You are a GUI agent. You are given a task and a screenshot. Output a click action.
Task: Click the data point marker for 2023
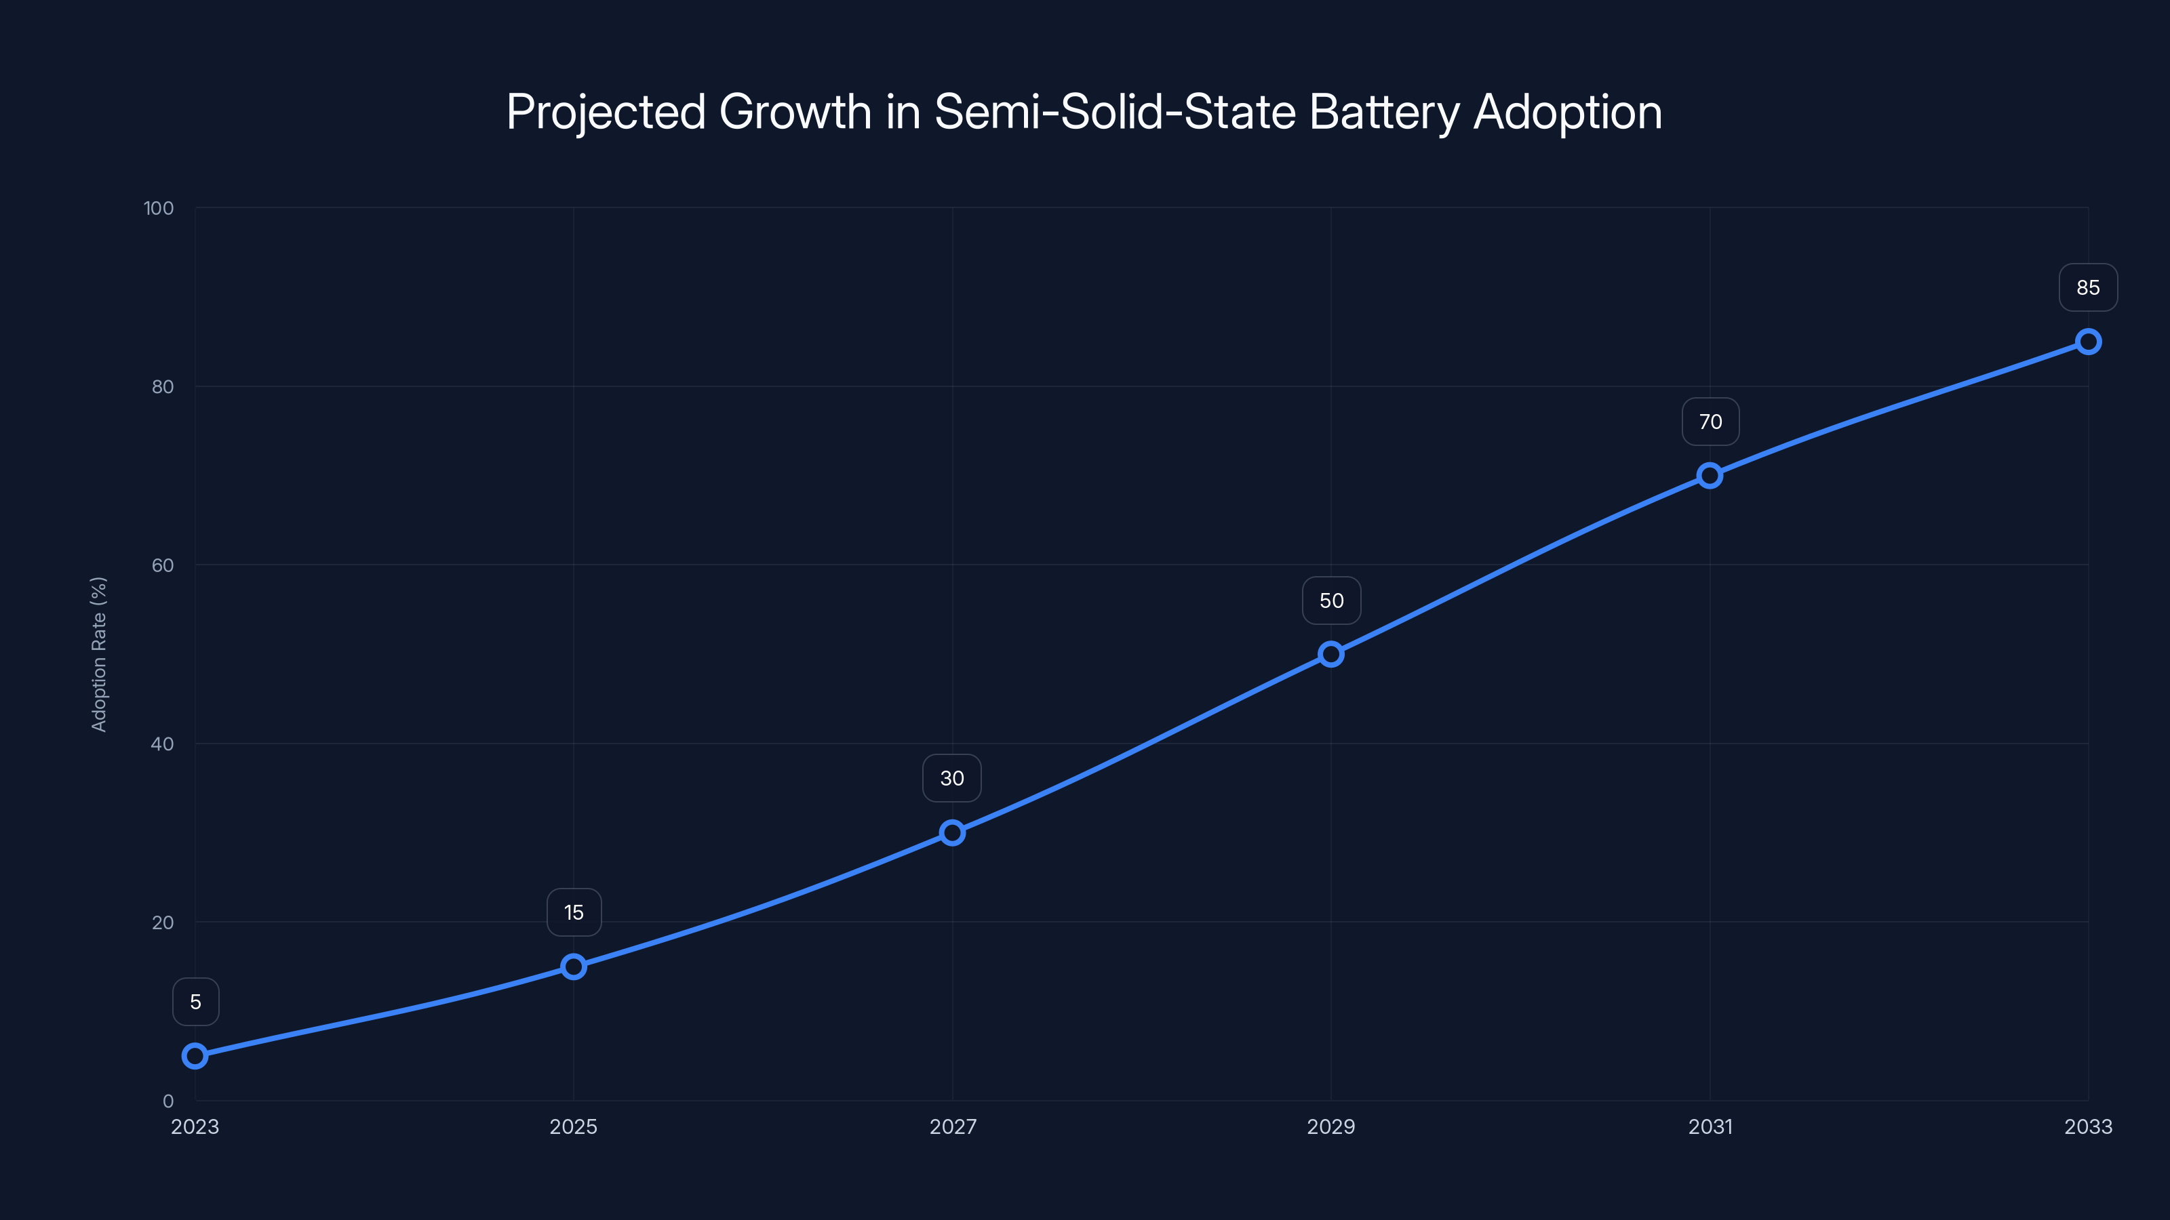pyautogui.click(x=195, y=1055)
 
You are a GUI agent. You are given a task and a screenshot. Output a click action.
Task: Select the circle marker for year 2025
pyautogui.click(x=574, y=966)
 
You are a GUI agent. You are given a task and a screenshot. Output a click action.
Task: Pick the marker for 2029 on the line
pyautogui.click(x=1331, y=653)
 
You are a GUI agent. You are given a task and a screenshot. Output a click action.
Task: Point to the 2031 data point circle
pyautogui.click(x=1709, y=475)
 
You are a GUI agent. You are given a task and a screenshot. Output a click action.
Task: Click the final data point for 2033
pyautogui.click(x=2087, y=341)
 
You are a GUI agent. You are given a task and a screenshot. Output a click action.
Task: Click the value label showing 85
pyautogui.click(x=2087, y=287)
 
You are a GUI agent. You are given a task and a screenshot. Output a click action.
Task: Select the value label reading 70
pyautogui.click(x=1710, y=421)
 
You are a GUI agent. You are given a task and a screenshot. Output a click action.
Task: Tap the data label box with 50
pyautogui.click(x=1331, y=601)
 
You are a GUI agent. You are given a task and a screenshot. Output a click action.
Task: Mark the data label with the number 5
pyautogui.click(x=195, y=1001)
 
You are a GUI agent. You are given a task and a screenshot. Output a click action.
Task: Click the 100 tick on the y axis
pyautogui.click(x=159, y=208)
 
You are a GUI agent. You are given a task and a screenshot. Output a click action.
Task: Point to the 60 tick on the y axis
pyautogui.click(x=163, y=565)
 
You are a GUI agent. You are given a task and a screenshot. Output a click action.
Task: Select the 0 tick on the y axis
pyautogui.click(x=167, y=1101)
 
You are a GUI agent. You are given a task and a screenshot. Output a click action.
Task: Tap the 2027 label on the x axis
pyautogui.click(x=952, y=1126)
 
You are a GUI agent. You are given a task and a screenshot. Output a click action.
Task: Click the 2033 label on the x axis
pyautogui.click(x=2087, y=1126)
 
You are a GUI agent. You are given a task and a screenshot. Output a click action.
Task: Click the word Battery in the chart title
pyautogui.click(x=1384, y=112)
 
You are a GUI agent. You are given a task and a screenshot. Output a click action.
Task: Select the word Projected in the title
pyautogui.click(x=606, y=112)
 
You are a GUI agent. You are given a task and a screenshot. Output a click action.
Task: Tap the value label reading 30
pyautogui.click(x=952, y=778)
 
